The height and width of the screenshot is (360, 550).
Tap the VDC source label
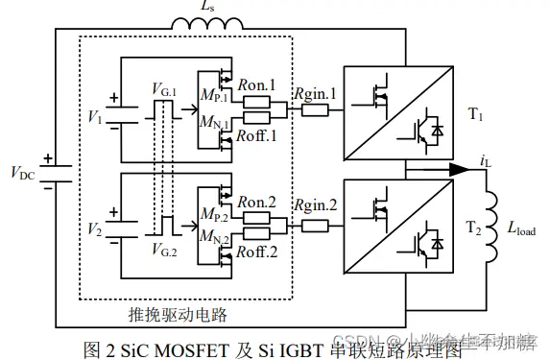point(26,173)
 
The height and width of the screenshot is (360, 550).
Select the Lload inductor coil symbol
point(497,222)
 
